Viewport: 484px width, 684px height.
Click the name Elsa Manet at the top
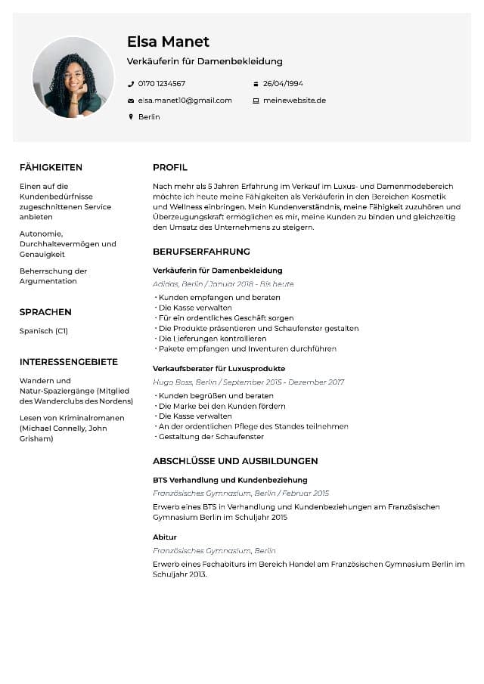(168, 42)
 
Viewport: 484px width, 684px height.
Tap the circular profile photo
(73, 77)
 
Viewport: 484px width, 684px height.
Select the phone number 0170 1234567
(161, 84)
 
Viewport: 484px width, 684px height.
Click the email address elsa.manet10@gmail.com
(185, 101)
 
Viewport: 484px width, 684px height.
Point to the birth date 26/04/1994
(283, 84)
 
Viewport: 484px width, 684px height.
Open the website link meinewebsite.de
(294, 101)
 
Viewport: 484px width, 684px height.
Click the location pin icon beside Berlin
(131, 117)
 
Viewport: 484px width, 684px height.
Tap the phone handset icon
(131, 84)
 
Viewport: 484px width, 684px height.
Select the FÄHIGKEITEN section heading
(51, 168)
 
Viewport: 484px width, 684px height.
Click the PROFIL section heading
(170, 168)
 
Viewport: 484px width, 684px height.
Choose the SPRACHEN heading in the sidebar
(45, 312)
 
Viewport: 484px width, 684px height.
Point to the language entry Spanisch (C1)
(44, 331)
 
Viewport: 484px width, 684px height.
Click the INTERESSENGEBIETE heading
(69, 362)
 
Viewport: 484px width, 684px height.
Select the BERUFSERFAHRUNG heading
(201, 252)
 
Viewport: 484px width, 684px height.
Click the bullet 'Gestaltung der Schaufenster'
(211, 437)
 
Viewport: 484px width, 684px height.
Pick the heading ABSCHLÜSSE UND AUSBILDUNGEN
(235, 461)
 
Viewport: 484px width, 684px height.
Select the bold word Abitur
(165, 537)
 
